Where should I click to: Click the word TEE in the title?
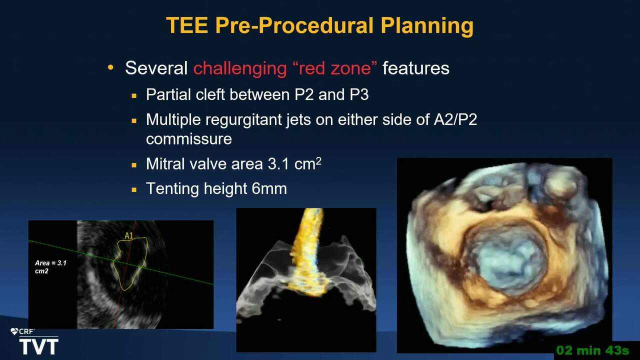click(187, 25)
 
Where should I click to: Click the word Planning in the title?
click(427, 26)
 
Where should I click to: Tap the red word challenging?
click(240, 68)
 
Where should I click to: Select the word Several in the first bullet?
click(156, 68)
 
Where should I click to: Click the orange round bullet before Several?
click(110, 67)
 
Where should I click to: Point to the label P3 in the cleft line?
click(359, 94)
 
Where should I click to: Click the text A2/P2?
click(455, 119)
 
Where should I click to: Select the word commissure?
click(189, 139)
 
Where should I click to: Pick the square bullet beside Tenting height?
click(134, 189)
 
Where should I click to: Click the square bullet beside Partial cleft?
click(134, 95)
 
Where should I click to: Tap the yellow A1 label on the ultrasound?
click(129, 235)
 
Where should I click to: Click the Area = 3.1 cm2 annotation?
click(50, 267)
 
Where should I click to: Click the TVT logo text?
click(39, 346)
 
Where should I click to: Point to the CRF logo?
click(22, 331)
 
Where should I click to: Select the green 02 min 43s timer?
click(592, 350)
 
